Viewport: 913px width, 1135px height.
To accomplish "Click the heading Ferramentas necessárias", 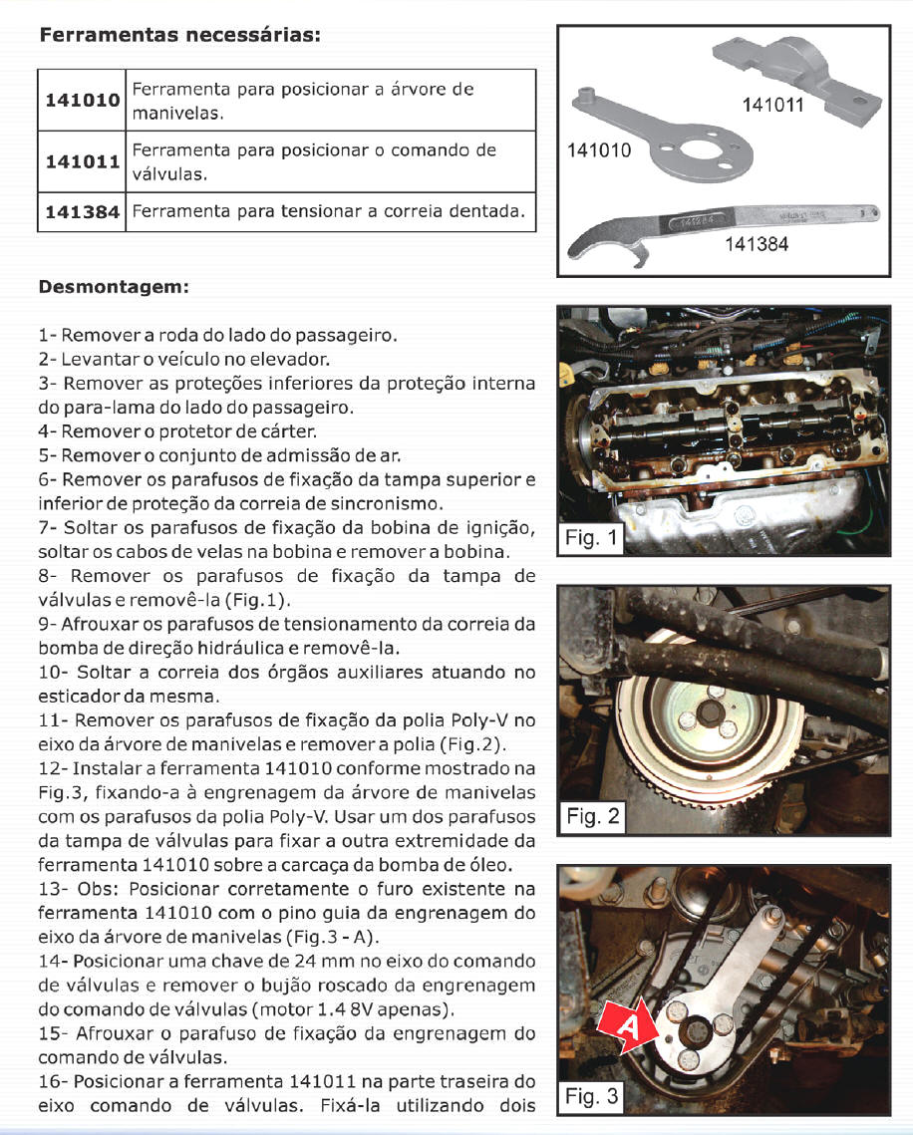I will pos(179,36).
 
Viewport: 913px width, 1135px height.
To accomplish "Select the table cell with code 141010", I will pos(82,101).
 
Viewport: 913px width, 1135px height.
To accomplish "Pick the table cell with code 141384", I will pos(82,211).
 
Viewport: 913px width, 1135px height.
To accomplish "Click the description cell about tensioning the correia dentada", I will pos(329,211).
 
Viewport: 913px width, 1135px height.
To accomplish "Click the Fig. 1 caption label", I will pos(592,539).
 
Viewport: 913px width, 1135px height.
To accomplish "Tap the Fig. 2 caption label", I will pos(593,817).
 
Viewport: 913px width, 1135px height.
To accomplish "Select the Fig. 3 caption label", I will pos(592,1097).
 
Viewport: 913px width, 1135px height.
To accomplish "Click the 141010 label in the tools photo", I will pos(599,150).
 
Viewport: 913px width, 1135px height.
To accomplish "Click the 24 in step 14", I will pos(280,962).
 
